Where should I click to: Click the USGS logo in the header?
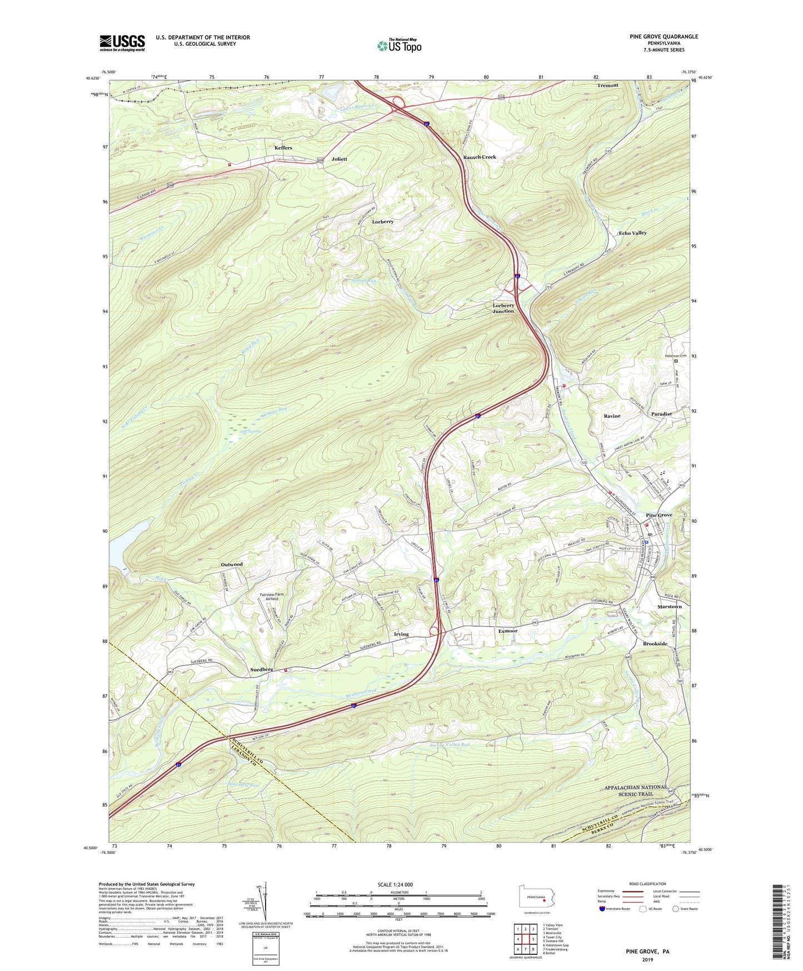[x=122, y=42]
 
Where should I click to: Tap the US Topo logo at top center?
[x=399, y=45]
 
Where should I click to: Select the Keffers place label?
[x=283, y=148]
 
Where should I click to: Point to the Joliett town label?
[x=339, y=159]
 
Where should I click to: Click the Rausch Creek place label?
[x=480, y=157]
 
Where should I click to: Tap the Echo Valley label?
[x=632, y=233]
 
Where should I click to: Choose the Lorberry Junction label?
[x=503, y=308]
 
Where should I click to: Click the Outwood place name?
[x=232, y=564]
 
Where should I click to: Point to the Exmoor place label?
[x=507, y=631]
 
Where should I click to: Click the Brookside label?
[x=655, y=643]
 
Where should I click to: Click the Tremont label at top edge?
[x=607, y=85]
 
